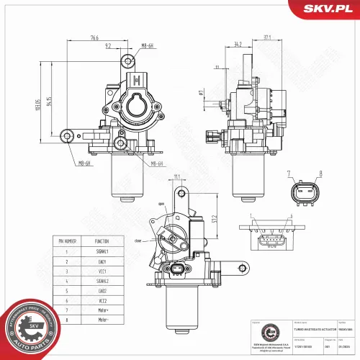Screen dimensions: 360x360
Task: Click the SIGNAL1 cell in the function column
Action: pyautogui.click(x=102, y=252)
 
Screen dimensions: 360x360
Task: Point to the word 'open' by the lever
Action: pyautogui.click(x=161, y=204)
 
